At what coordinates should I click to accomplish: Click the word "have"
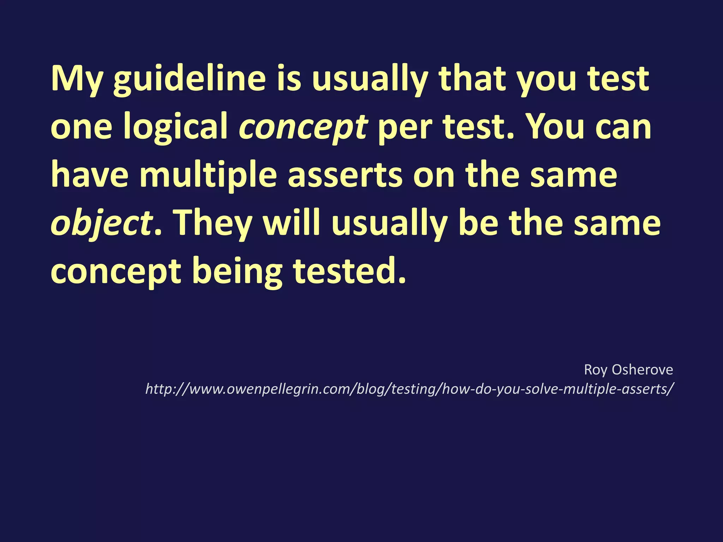pos(90,175)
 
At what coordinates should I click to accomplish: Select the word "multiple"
pos(208,175)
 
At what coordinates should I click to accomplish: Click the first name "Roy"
pos(596,370)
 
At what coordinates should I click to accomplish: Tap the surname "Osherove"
pos(643,370)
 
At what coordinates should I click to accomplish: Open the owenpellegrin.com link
pos(410,389)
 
